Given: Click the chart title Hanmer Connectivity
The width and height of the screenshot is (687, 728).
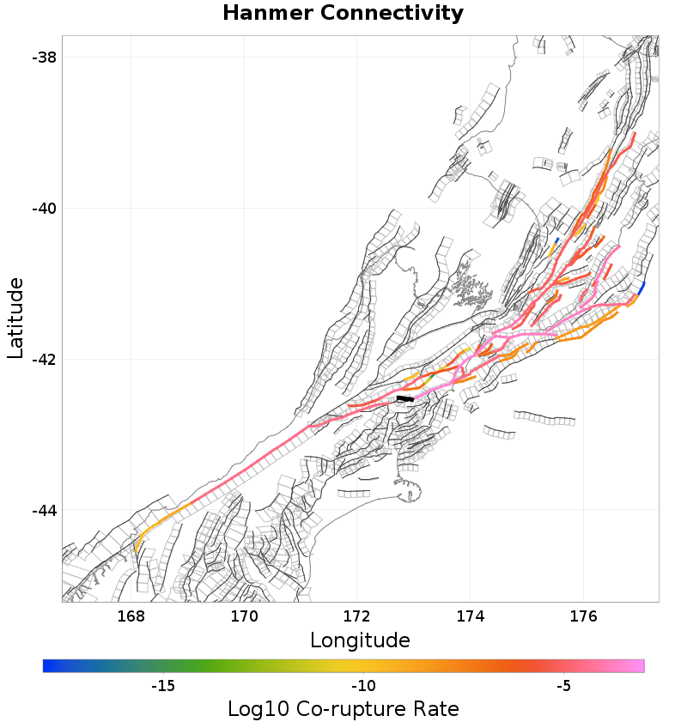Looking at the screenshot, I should click(343, 14).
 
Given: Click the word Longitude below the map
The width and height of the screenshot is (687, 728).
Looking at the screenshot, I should click(360, 640).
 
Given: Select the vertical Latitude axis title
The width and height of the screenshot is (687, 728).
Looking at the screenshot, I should click(15, 318).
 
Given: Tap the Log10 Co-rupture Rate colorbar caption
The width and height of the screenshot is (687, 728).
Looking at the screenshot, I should click(343, 709).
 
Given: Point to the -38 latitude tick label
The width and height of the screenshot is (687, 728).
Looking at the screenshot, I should click(41, 58).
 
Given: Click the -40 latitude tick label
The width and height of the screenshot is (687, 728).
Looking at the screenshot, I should click(41, 209).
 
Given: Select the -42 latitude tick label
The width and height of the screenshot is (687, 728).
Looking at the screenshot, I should click(41, 360).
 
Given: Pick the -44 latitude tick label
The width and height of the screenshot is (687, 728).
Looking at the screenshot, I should click(41, 511).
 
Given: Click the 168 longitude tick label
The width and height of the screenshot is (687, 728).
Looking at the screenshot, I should click(131, 616).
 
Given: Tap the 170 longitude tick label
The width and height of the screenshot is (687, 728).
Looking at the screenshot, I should click(244, 616).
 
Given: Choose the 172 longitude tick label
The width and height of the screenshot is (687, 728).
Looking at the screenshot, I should click(357, 616).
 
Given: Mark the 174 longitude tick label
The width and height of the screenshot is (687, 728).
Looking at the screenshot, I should click(471, 616).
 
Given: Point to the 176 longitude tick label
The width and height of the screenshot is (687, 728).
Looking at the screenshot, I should click(584, 616).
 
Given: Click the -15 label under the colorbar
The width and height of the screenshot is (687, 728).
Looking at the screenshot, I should click(163, 686).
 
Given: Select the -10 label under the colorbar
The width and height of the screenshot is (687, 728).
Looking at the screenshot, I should click(363, 686).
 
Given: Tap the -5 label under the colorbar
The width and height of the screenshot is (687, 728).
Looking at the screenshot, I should click(563, 686).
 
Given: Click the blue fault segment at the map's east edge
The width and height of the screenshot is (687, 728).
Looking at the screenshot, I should click(641, 287).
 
